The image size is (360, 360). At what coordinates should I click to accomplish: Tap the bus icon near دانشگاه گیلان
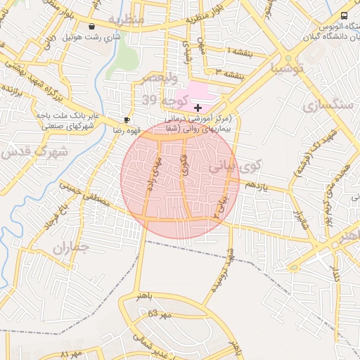pos(344,16)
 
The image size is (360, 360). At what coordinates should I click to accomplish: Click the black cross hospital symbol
pos(198,108)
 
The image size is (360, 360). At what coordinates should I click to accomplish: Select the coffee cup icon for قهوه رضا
pos(127,120)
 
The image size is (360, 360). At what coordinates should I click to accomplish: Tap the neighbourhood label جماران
pos(71,247)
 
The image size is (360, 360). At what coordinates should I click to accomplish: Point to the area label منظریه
pos(127,19)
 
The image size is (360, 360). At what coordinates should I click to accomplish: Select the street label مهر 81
pos(72,351)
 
